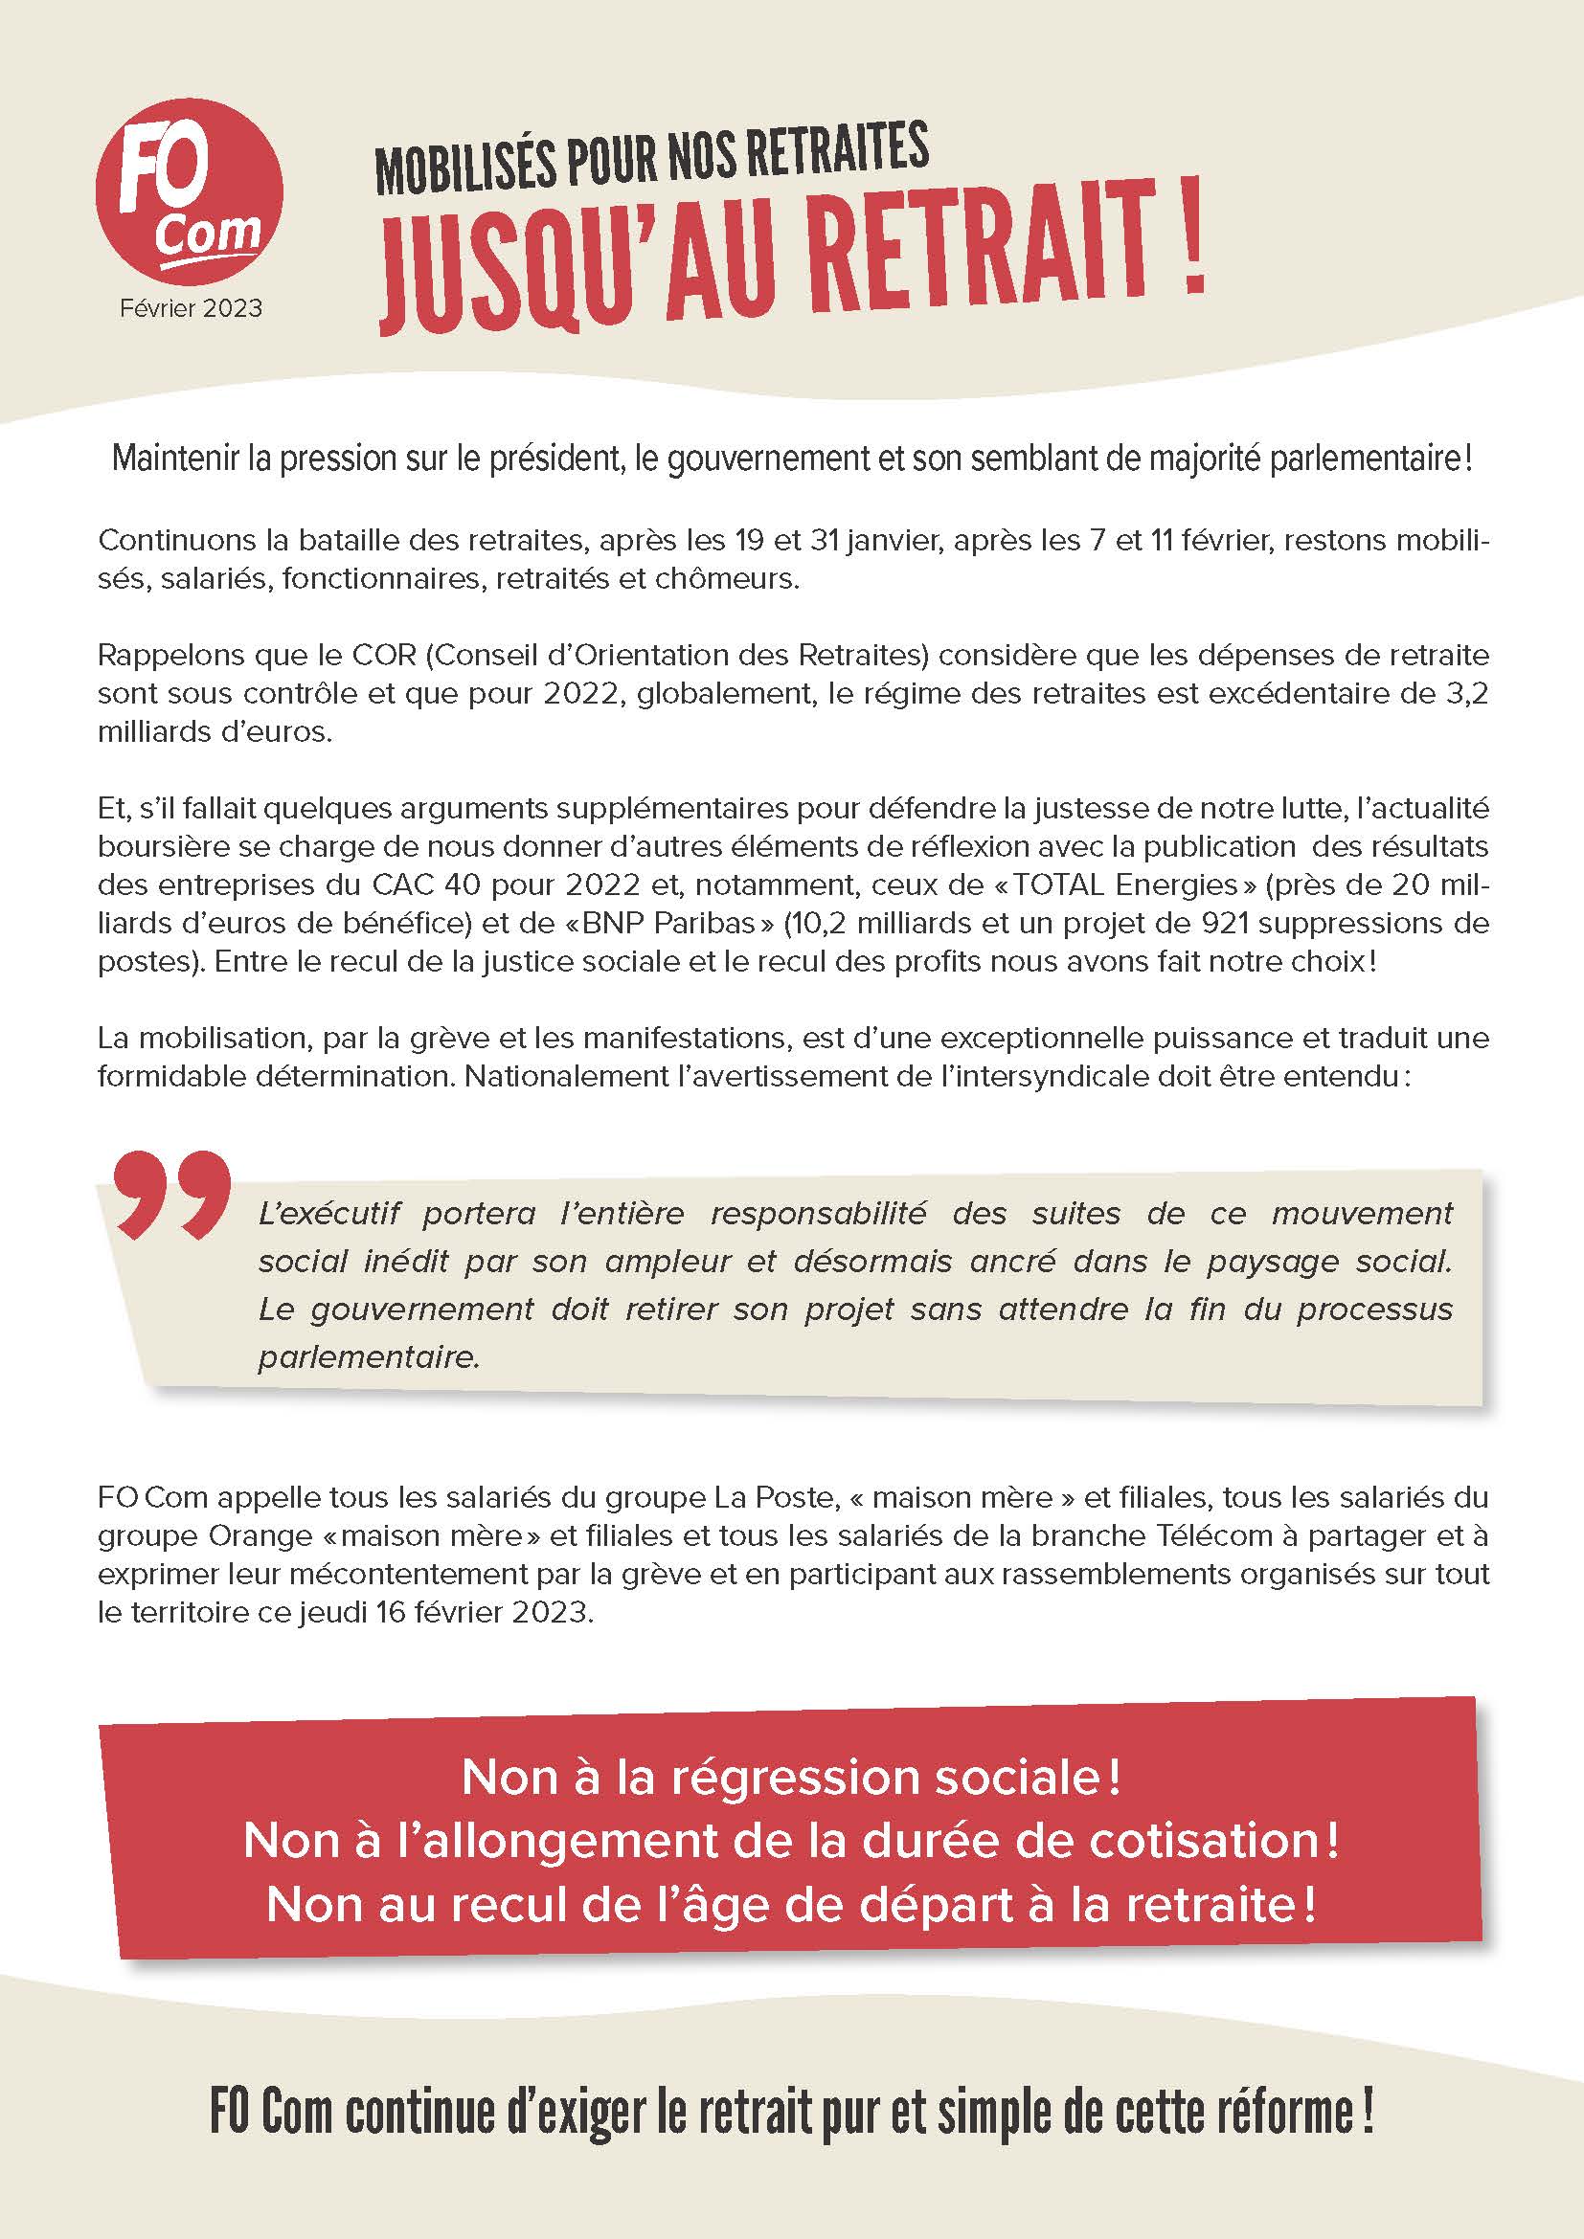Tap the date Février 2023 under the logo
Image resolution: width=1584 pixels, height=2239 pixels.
point(192,308)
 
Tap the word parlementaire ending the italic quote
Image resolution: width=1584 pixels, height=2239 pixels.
point(368,1357)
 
